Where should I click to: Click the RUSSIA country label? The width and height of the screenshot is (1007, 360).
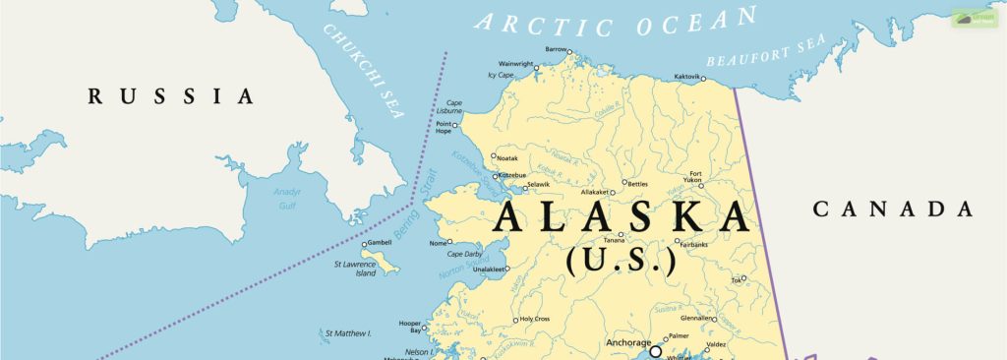171,96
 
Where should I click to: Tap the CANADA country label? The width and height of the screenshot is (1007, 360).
893,209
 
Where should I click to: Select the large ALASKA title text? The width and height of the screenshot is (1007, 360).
622,216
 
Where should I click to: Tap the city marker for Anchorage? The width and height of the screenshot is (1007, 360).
655,350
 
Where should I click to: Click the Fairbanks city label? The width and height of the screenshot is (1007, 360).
692,244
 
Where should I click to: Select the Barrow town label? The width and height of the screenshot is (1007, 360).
557,49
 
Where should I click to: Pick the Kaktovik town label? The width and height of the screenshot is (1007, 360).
688,77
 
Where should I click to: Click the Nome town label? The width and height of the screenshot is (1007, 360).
438,243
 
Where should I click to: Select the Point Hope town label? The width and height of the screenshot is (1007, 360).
444,129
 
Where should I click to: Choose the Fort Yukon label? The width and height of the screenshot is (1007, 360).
696,177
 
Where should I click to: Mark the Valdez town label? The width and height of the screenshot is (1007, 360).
716,344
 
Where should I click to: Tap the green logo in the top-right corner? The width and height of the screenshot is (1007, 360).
974,18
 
